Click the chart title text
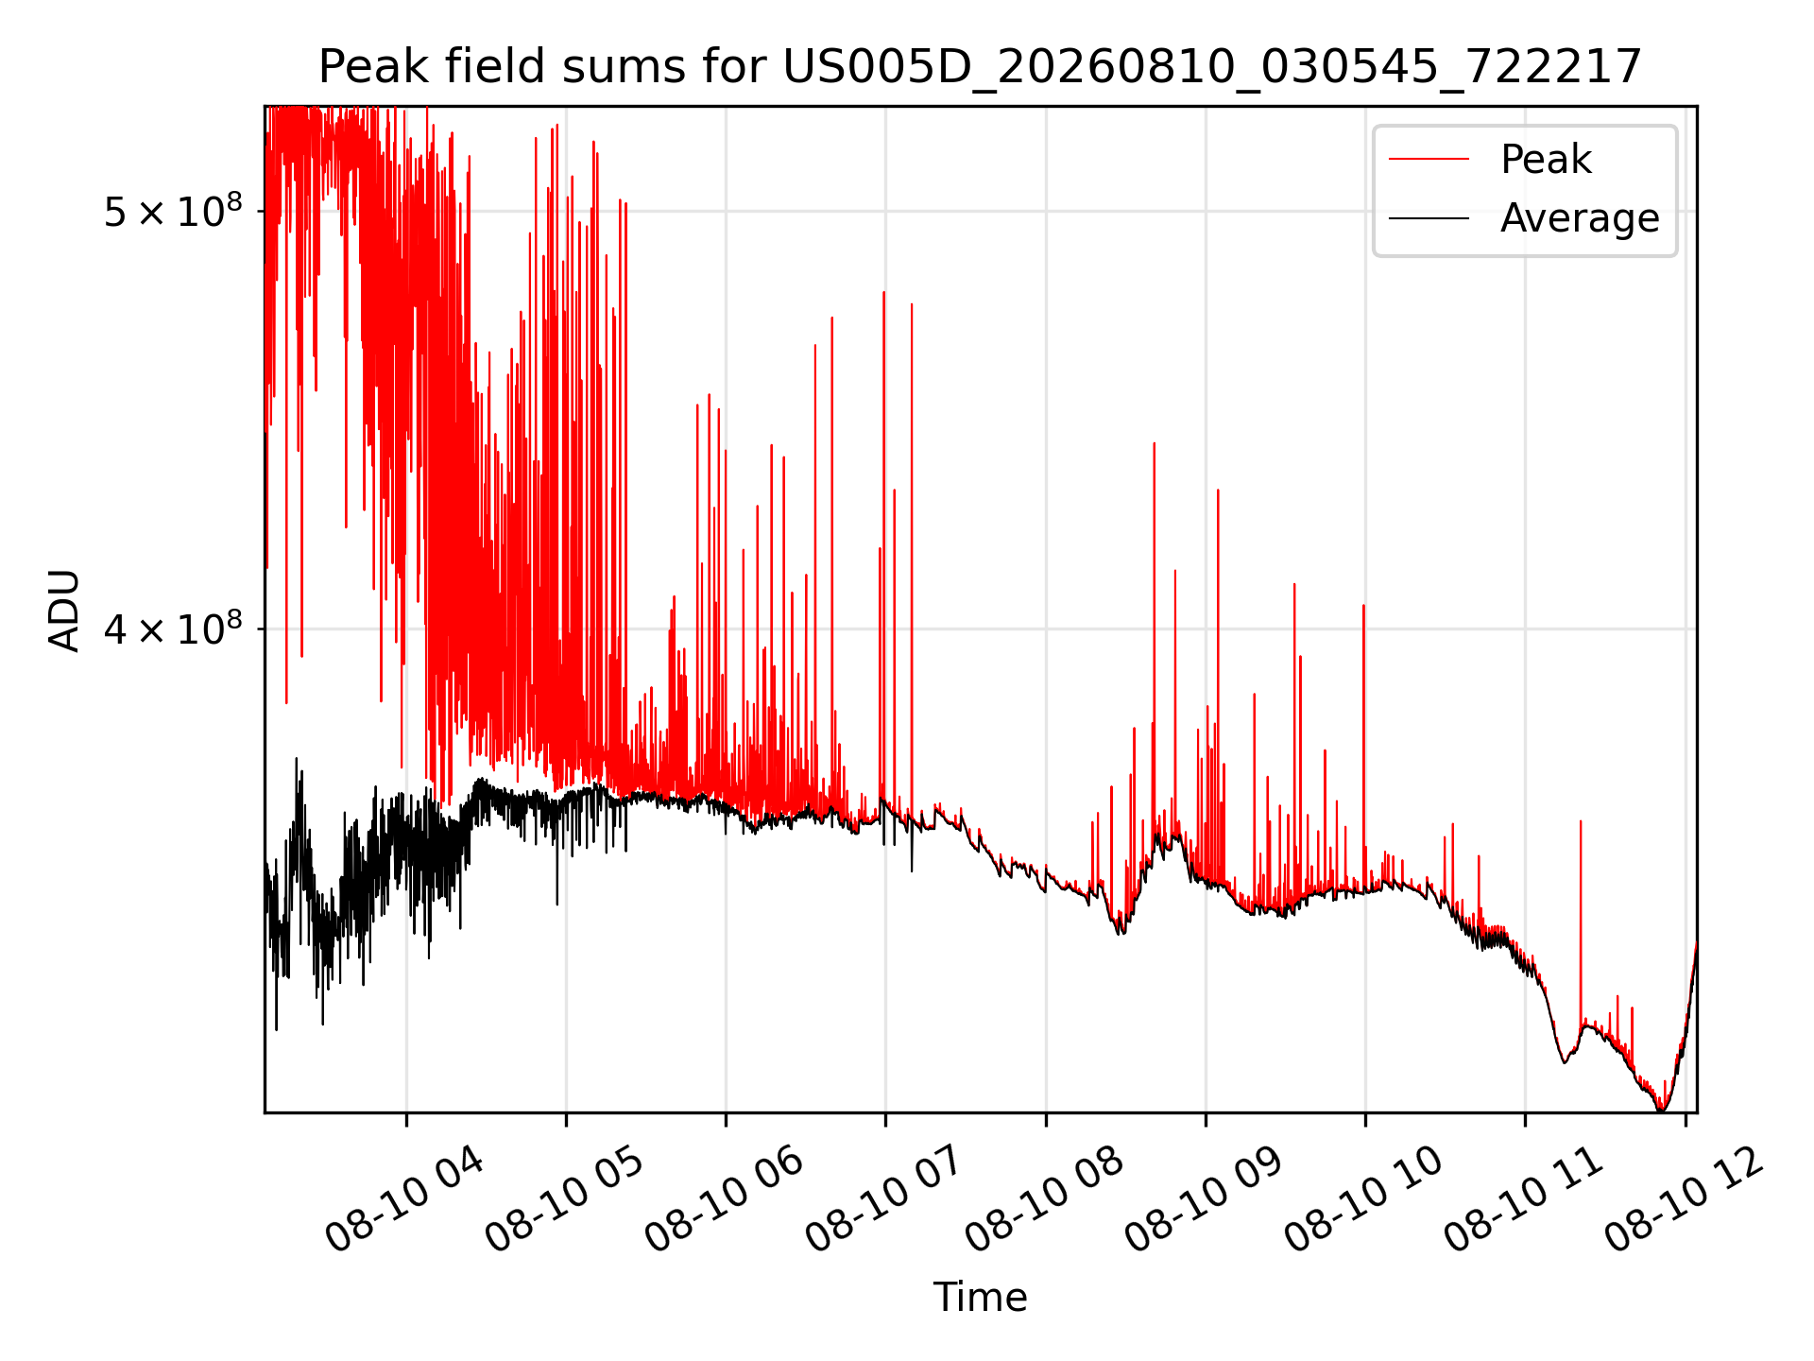pos(980,67)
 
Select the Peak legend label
pos(1546,160)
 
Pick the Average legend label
pos(1580,218)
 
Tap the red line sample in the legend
pos(1429,160)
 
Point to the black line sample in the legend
pos(1429,218)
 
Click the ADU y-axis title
pos(64,610)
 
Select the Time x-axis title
pos(980,1297)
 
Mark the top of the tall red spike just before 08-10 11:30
pos(1581,821)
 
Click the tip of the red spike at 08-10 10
pos(1363,605)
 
